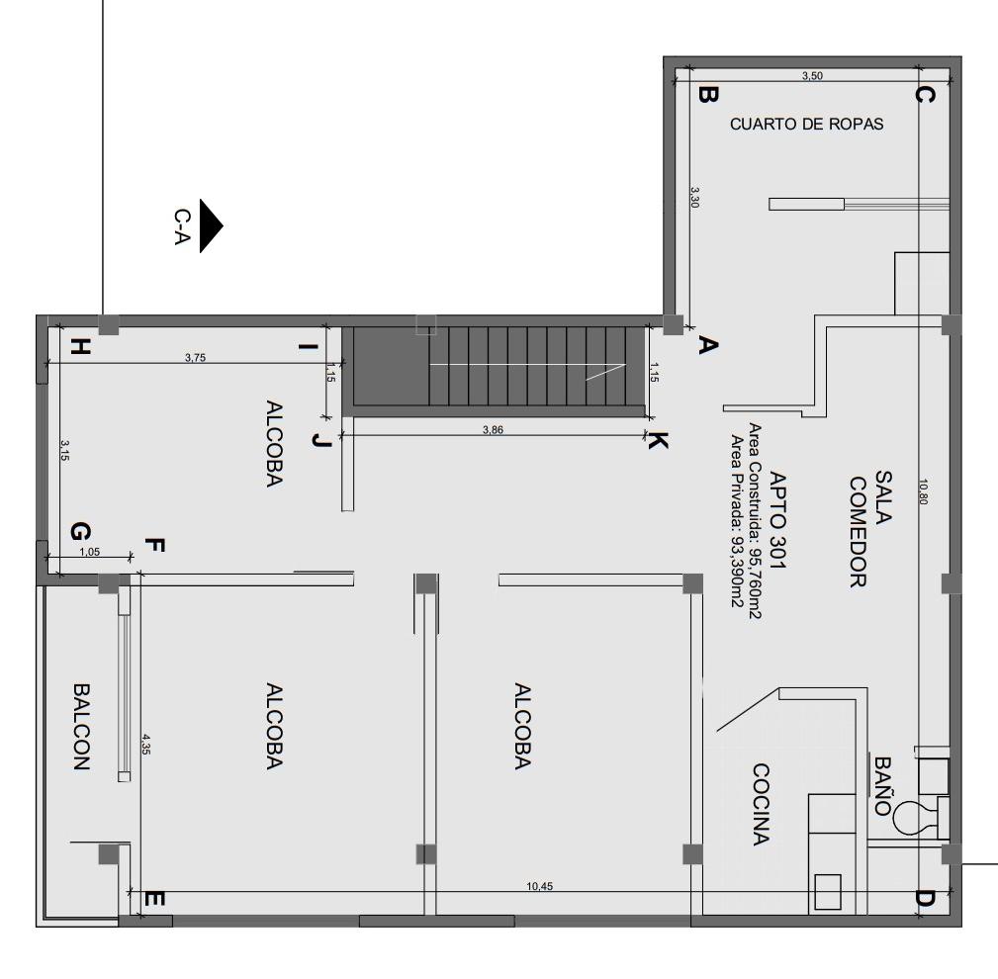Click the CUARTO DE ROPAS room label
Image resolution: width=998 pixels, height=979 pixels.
806,125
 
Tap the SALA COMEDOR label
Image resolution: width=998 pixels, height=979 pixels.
870,531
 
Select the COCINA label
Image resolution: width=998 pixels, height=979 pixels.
760,804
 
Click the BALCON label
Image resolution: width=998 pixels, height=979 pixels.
82,726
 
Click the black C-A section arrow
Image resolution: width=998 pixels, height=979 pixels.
210,226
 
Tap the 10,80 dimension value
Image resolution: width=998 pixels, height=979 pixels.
924,491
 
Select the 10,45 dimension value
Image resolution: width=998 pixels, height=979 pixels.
540,885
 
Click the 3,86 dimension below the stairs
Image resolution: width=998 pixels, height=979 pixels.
492,429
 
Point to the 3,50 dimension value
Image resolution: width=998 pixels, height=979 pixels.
811,76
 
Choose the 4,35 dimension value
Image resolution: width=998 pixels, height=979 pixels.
146,744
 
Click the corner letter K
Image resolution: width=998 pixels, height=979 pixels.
657,442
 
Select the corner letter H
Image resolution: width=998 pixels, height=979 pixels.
80,346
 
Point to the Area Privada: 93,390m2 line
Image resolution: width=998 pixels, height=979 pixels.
736,520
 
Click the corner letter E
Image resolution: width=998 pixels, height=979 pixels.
154,900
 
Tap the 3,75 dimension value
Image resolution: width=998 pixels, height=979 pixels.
195,358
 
